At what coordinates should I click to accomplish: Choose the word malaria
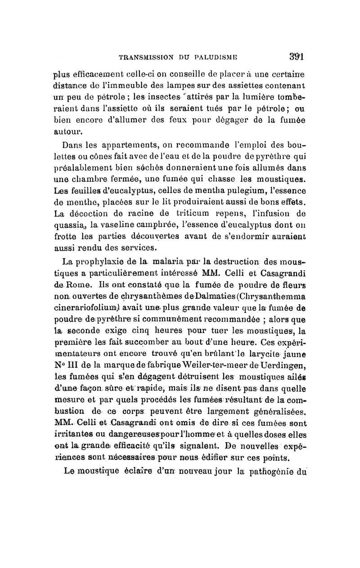180,261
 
